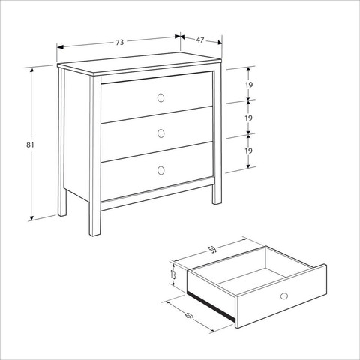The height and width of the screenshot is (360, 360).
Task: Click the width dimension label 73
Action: tap(120, 43)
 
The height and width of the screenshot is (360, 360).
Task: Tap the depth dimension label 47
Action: tap(200, 40)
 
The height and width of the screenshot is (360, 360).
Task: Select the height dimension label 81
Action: tap(30, 145)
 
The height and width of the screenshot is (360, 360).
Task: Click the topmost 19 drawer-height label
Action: tap(249, 85)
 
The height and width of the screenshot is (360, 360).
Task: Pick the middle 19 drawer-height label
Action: tap(248, 118)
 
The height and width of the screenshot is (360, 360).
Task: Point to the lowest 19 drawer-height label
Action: tap(248, 151)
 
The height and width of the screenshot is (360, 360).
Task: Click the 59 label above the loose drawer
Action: tap(213, 249)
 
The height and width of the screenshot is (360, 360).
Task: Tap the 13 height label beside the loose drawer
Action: tap(172, 274)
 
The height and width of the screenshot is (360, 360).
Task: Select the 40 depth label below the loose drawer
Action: tap(189, 316)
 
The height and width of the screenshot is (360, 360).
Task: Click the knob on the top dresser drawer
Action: tap(160, 97)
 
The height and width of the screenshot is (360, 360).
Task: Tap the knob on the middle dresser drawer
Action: tap(161, 133)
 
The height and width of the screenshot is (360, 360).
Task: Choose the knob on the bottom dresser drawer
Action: tap(161, 170)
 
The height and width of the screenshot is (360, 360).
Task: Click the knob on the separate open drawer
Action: tap(283, 296)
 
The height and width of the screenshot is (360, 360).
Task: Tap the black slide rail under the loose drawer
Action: tap(211, 306)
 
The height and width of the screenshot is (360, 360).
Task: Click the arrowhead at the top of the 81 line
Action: tap(31, 70)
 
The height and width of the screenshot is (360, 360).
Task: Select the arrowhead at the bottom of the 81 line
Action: tap(31, 217)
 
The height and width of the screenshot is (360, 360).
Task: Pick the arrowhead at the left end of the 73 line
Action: tap(60, 47)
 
